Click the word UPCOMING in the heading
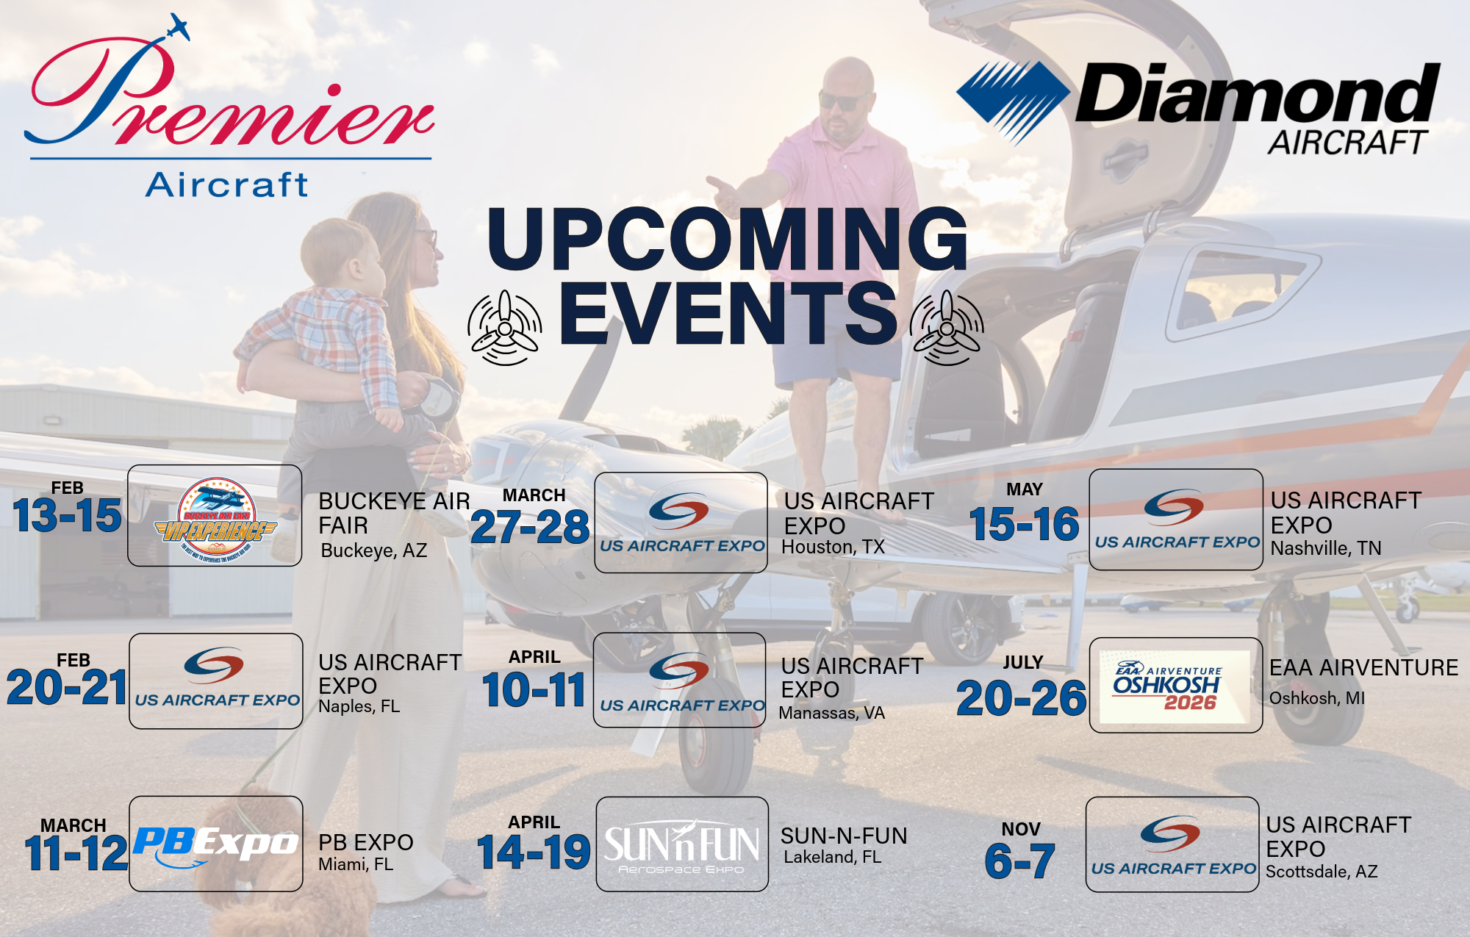pos(727,239)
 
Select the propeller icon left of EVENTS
pos(505,328)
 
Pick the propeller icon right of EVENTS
pos(947,328)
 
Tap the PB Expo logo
pos(215,844)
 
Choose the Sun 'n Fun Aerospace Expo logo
pos(682,845)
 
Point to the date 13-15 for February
pos(67,515)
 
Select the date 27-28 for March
pos(530,527)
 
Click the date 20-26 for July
pos(1021,697)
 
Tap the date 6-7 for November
pos(1019,861)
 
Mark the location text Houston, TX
pos(833,548)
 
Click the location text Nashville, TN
pos(1326,548)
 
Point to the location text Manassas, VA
pos(831,713)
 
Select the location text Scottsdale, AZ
pos(1321,872)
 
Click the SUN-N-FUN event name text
pos(844,836)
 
